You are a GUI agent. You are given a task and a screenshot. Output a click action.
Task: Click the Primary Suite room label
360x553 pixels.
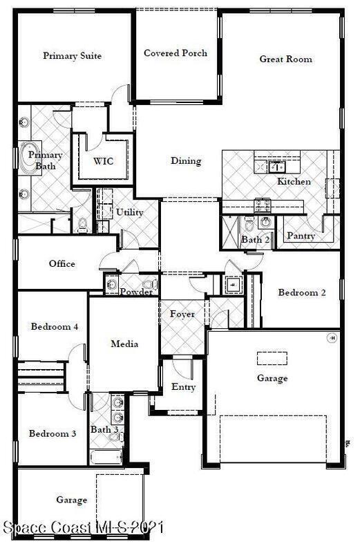(x=73, y=56)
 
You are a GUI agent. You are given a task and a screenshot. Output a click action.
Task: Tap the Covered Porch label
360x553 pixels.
(x=176, y=53)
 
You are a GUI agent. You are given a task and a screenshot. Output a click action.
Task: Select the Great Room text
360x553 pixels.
(x=285, y=59)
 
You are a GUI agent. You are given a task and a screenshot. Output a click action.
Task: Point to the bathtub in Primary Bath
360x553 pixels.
(x=30, y=155)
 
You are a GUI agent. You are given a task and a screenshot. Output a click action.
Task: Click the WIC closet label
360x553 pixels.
(x=104, y=161)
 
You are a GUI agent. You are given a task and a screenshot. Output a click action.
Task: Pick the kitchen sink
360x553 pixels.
(x=277, y=167)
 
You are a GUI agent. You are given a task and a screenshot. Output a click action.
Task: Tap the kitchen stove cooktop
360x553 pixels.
(x=263, y=205)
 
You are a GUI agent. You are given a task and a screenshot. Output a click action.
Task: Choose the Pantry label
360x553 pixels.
(x=301, y=236)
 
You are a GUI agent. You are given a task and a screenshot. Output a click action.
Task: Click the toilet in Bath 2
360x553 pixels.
(x=249, y=224)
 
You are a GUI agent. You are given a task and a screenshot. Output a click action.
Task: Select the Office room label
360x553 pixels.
(x=62, y=263)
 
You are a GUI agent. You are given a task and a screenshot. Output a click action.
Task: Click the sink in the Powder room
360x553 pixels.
(x=112, y=284)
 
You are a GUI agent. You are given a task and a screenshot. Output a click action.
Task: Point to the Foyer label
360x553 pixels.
(x=182, y=314)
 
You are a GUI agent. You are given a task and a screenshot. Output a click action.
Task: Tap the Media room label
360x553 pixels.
(x=124, y=344)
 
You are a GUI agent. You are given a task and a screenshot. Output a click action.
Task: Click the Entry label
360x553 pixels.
(x=183, y=387)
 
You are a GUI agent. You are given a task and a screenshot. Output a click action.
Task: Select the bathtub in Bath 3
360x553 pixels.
(x=106, y=457)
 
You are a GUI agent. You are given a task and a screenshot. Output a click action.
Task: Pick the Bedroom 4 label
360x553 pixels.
(x=55, y=326)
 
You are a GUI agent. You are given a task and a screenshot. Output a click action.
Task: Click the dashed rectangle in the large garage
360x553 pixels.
(x=272, y=358)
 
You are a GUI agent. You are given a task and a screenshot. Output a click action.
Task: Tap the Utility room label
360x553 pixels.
(x=129, y=212)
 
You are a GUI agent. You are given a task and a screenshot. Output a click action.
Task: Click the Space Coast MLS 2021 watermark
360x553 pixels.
(x=83, y=527)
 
